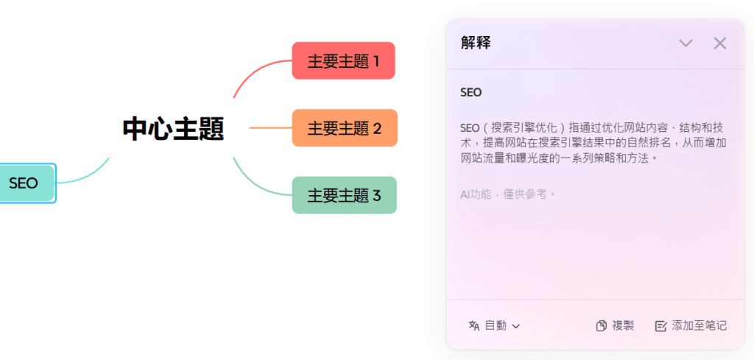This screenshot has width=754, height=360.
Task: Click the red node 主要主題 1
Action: pyautogui.click(x=343, y=61)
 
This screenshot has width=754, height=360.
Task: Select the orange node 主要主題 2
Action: pyautogui.click(x=344, y=128)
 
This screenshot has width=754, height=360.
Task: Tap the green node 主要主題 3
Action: pyautogui.click(x=344, y=195)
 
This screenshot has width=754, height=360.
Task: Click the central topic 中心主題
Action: pyautogui.click(x=173, y=129)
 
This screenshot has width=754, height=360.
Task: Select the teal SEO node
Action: pyautogui.click(x=24, y=183)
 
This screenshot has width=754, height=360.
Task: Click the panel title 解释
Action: pyautogui.click(x=476, y=43)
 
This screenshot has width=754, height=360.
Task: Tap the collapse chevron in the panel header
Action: pyautogui.click(x=686, y=43)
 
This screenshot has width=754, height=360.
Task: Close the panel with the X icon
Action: pyautogui.click(x=719, y=43)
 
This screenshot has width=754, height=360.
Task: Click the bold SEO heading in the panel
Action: pyautogui.click(x=471, y=93)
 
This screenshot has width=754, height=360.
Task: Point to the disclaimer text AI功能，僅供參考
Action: pyautogui.click(x=508, y=194)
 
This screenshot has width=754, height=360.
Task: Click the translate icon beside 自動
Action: pyautogui.click(x=474, y=325)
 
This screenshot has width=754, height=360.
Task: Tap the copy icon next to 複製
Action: pyautogui.click(x=602, y=325)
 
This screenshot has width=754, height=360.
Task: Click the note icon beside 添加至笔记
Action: pyautogui.click(x=660, y=325)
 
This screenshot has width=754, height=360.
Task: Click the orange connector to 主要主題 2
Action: pyautogui.click(x=270, y=128)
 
